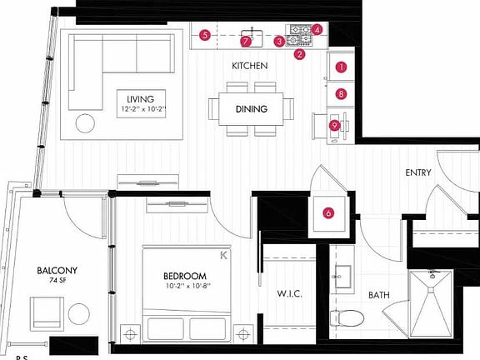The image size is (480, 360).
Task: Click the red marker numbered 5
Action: pos(204,35)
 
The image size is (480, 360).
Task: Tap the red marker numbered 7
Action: pos(245,41)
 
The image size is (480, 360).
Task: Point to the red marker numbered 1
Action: pos(341,67)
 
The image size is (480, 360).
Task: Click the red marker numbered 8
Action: pos(341,94)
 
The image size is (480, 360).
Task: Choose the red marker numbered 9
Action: pos(334,125)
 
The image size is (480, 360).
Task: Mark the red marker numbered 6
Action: pos(328,212)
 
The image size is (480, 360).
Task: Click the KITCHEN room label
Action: pos(249,65)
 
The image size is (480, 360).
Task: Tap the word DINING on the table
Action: pos(251,109)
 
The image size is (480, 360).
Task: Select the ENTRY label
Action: pos(417,172)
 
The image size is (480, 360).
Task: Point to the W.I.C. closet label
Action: pos(290,294)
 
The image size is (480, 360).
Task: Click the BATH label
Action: pos(379,294)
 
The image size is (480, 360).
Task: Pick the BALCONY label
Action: pos(57,270)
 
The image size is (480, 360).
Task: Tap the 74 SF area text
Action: pos(57,281)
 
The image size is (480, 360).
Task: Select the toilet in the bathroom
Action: pos(345,317)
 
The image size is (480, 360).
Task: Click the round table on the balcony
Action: pos(78,314)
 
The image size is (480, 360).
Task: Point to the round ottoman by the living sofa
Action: pos(86,123)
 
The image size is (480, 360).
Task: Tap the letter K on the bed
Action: pos(222,256)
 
